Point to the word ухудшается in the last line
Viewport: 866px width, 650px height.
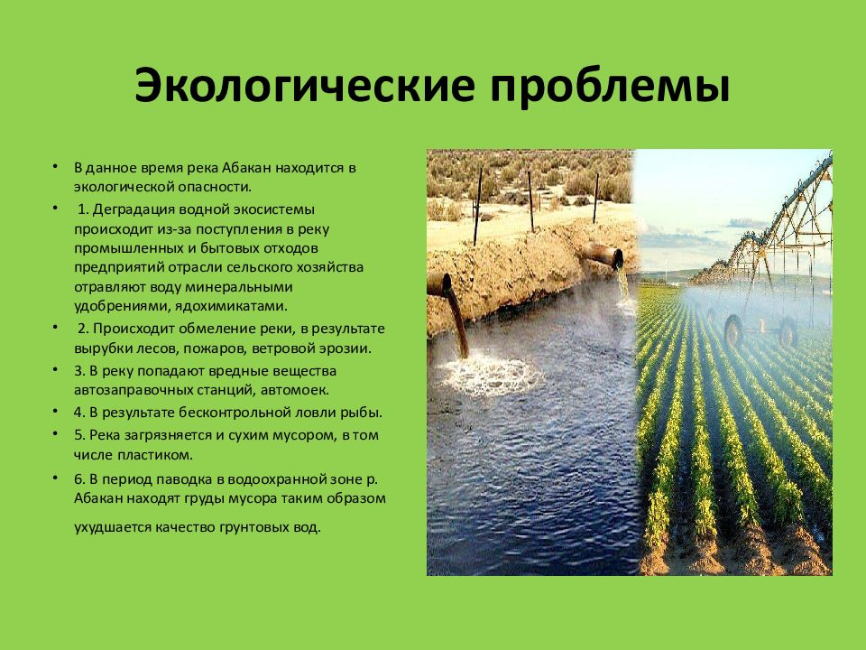(109, 526)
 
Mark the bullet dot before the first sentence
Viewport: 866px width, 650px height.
(54, 168)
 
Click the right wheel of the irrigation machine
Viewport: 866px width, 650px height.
(788, 332)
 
